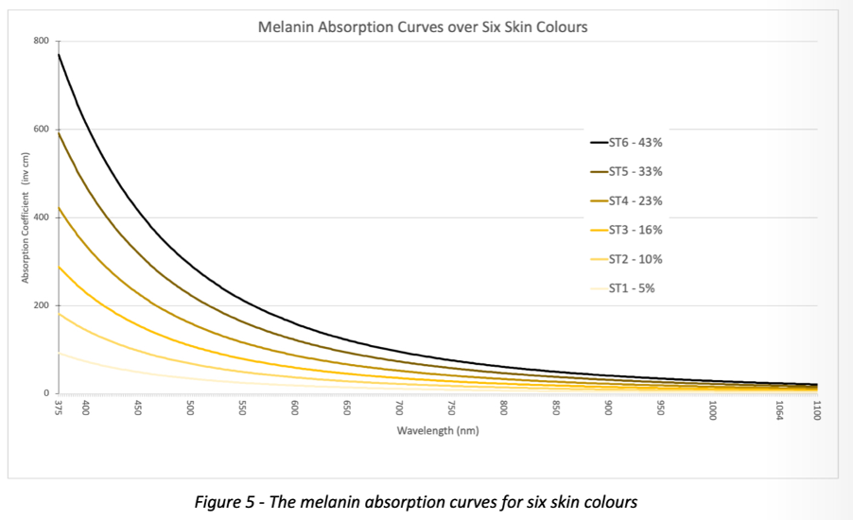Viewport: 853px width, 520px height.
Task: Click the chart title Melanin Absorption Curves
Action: coord(423,26)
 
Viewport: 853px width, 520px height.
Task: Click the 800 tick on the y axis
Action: coord(41,42)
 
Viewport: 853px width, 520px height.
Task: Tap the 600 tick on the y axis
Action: coord(41,130)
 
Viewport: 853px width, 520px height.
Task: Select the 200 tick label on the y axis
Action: coord(41,305)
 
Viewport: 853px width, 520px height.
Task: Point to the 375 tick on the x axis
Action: coord(59,407)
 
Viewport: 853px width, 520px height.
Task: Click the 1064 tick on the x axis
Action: coord(779,410)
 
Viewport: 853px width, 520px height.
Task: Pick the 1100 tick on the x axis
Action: coord(816,410)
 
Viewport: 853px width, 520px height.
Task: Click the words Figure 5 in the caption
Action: coord(224,501)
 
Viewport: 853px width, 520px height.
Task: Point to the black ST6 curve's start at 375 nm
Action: coord(60,55)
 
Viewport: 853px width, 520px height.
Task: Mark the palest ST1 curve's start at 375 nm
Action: coord(60,353)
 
